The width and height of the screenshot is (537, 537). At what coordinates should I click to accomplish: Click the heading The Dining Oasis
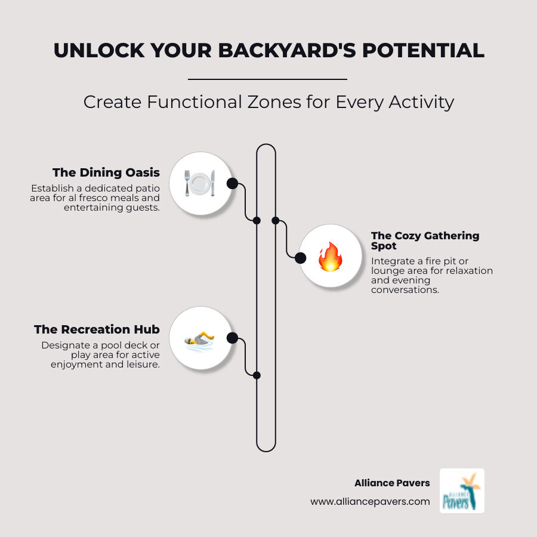(106, 172)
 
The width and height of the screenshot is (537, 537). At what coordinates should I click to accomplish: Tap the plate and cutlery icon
(199, 183)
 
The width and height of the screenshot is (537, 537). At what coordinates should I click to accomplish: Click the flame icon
(329, 257)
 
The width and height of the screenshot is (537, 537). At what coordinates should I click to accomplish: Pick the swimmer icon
(199, 338)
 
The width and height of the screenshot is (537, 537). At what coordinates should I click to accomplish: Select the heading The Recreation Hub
(97, 329)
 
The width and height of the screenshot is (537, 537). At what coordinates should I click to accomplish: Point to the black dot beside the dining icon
(232, 183)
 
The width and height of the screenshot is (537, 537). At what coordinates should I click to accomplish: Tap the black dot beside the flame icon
(301, 258)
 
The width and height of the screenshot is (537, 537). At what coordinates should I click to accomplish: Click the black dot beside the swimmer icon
(232, 338)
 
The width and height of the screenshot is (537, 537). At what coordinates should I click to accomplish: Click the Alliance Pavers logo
(462, 490)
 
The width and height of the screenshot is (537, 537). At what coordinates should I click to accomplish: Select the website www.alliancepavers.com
(370, 502)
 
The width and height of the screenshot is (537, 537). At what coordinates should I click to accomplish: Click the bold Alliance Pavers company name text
(391, 483)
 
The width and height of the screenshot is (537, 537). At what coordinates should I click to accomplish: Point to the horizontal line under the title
(267, 79)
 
